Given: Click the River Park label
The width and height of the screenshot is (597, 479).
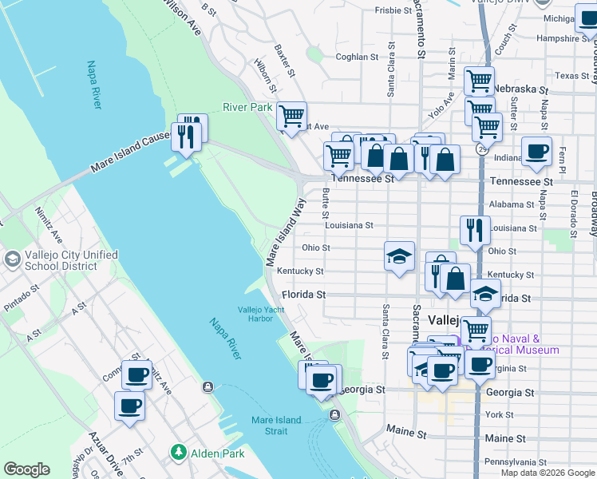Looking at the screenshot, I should coord(247,107).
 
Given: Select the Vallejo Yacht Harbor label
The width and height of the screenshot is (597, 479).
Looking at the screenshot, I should coord(260,315).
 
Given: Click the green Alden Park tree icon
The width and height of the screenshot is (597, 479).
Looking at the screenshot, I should coord(179,453).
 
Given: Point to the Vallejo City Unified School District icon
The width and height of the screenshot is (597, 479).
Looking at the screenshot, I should coord(13,259).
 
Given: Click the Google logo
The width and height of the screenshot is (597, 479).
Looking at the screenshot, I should coord(26,469).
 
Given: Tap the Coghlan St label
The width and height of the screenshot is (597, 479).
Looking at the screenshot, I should coord(357,57).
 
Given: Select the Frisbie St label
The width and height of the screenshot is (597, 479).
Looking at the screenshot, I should coord(393,11).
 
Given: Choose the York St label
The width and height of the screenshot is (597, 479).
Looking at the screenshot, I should coord(500,415).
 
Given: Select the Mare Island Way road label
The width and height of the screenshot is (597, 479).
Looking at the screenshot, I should coord(286,232).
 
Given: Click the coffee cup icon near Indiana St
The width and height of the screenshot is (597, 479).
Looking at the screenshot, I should coord(536,152).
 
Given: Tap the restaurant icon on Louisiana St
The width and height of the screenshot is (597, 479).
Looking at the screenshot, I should coord(475,230).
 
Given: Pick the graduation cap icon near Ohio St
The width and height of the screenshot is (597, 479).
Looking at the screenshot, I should coord(400,256).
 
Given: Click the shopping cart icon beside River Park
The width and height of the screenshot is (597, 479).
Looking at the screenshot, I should coord(291,117).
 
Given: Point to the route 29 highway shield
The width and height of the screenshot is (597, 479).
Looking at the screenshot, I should coord(482,148).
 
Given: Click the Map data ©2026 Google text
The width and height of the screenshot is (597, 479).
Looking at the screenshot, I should coord(548,473).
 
